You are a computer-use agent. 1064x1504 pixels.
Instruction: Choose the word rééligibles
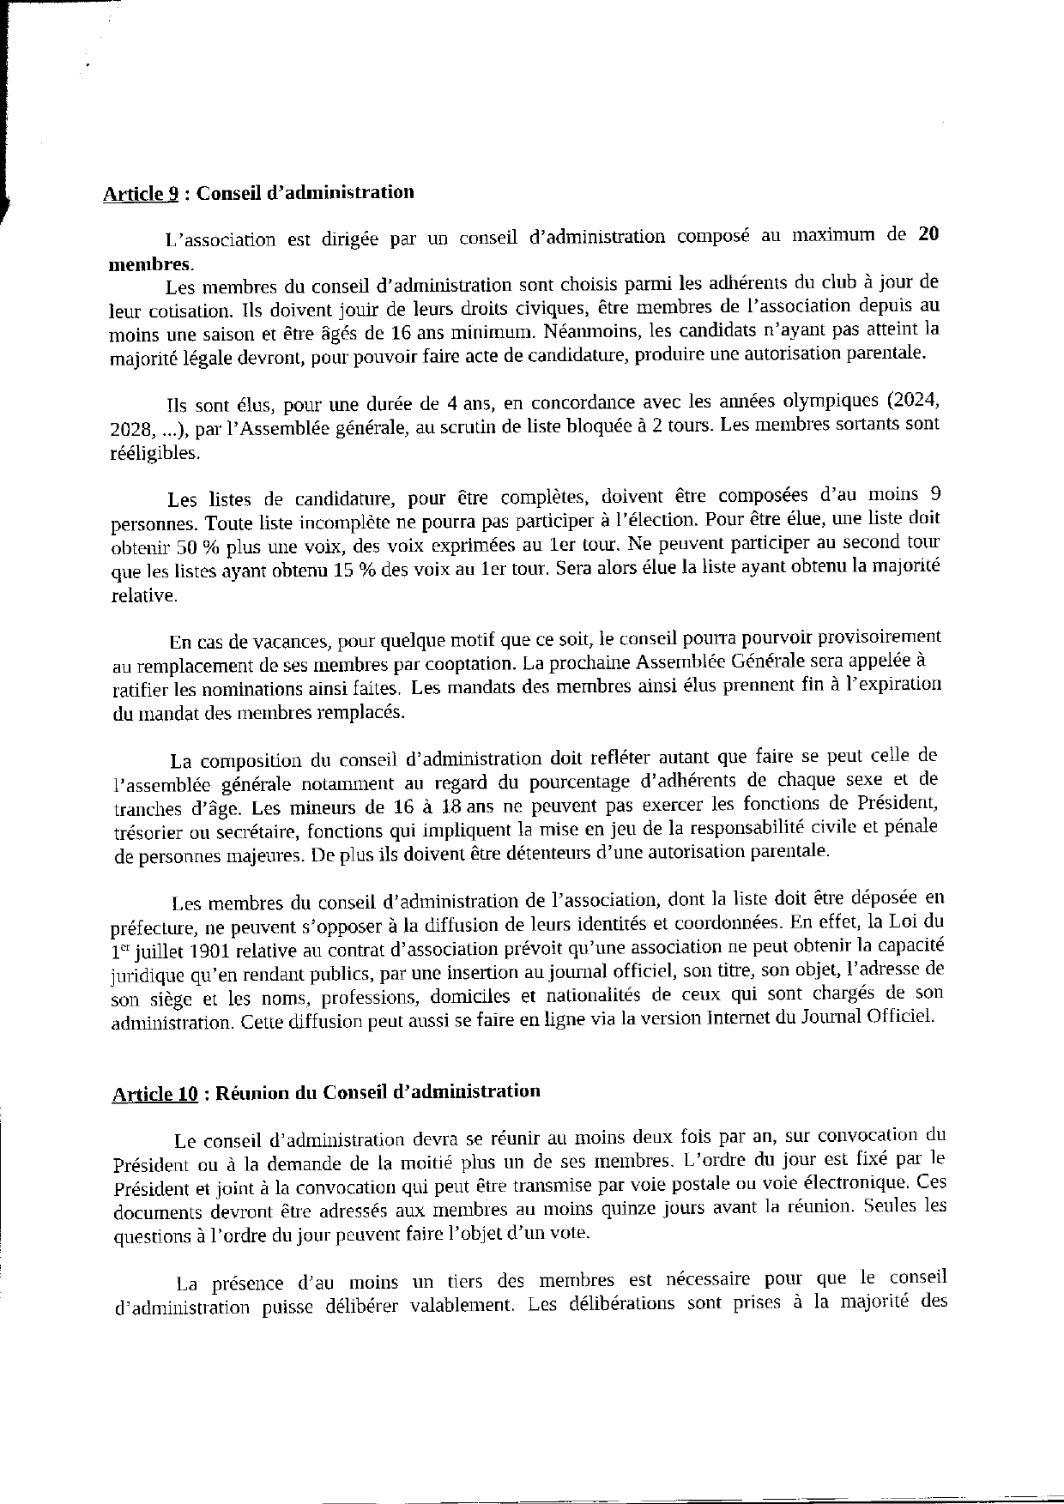tap(154, 452)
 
